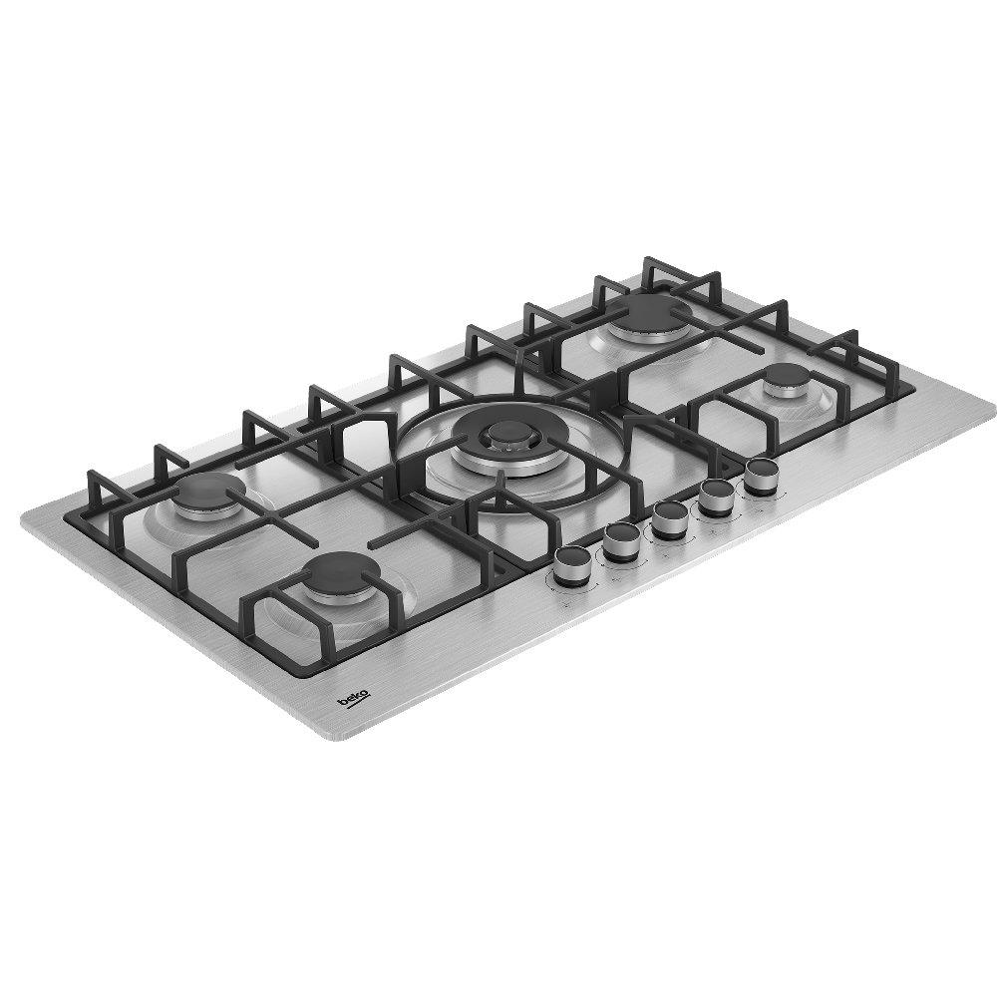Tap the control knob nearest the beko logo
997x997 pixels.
[x=572, y=564]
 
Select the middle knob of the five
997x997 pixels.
[x=669, y=517]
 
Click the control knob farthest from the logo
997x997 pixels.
[x=761, y=474]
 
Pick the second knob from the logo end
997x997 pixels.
[x=620, y=540]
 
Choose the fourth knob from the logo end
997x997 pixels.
[x=715, y=495]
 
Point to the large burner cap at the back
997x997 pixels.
[x=651, y=311]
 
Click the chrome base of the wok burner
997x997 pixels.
[x=496, y=461]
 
